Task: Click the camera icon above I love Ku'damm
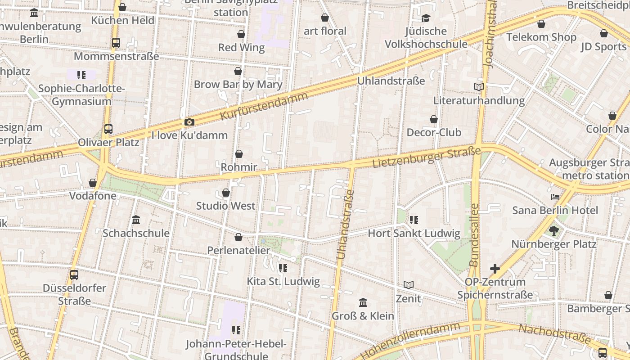(189, 122)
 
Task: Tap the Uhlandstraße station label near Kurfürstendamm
(391, 81)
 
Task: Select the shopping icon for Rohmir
(238, 154)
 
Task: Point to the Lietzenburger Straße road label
(427, 157)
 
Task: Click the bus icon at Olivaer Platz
(108, 129)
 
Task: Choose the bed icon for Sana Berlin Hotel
(555, 197)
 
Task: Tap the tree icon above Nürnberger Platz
(553, 231)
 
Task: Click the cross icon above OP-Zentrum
(495, 269)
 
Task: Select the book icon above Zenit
(409, 285)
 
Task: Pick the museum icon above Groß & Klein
(363, 302)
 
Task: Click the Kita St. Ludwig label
(283, 282)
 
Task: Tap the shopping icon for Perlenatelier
(238, 237)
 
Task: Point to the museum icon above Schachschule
(136, 220)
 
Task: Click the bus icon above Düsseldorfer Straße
(74, 274)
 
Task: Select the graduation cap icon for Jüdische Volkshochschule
(426, 18)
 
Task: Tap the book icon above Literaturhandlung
(479, 87)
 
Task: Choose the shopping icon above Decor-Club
(434, 119)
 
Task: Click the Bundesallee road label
(474, 234)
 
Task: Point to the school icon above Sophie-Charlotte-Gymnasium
(81, 75)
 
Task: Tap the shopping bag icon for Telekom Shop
(541, 24)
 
